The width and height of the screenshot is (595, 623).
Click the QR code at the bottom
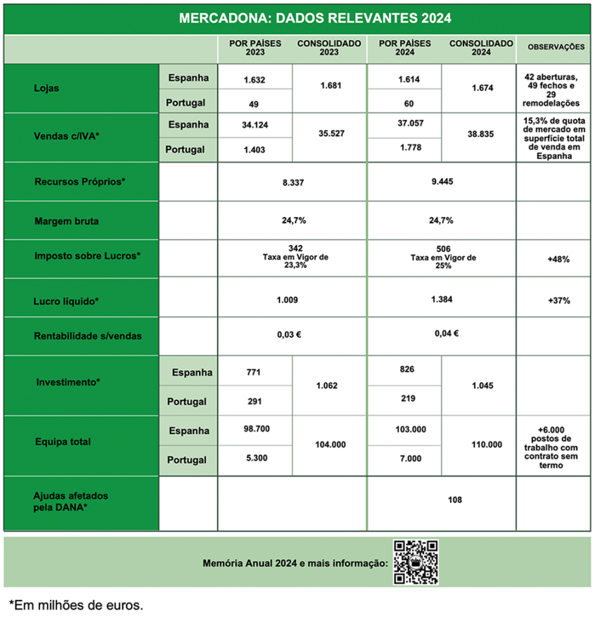pos(415,562)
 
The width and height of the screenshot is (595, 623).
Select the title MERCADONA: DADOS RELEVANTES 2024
pos(315,18)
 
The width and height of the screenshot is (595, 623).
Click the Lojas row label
pos(47,89)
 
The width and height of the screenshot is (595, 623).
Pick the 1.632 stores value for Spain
pos(255,80)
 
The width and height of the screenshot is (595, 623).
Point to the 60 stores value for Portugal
pos(404,103)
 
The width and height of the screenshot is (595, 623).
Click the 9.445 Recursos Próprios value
pos(441,181)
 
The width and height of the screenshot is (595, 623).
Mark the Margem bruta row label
pos(66,221)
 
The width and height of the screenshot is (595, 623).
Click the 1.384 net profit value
pos(441,300)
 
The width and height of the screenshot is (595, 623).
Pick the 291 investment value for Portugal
pos(255,401)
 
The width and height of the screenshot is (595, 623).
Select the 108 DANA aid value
pos(454,499)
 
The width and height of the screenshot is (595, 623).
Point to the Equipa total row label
pos(63,442)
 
